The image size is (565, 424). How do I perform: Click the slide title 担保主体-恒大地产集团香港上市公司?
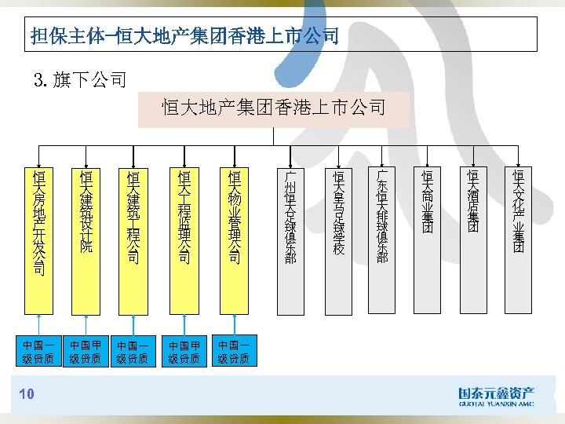[x=184, y=35]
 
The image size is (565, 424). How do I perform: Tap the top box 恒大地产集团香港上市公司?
[x=273, y=108]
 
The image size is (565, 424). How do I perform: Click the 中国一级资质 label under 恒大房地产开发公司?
[x=38, y=352]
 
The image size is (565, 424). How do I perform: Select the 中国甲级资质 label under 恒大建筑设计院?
[x=86, y=352]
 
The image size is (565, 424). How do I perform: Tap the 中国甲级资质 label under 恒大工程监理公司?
[x=185, y=352]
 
